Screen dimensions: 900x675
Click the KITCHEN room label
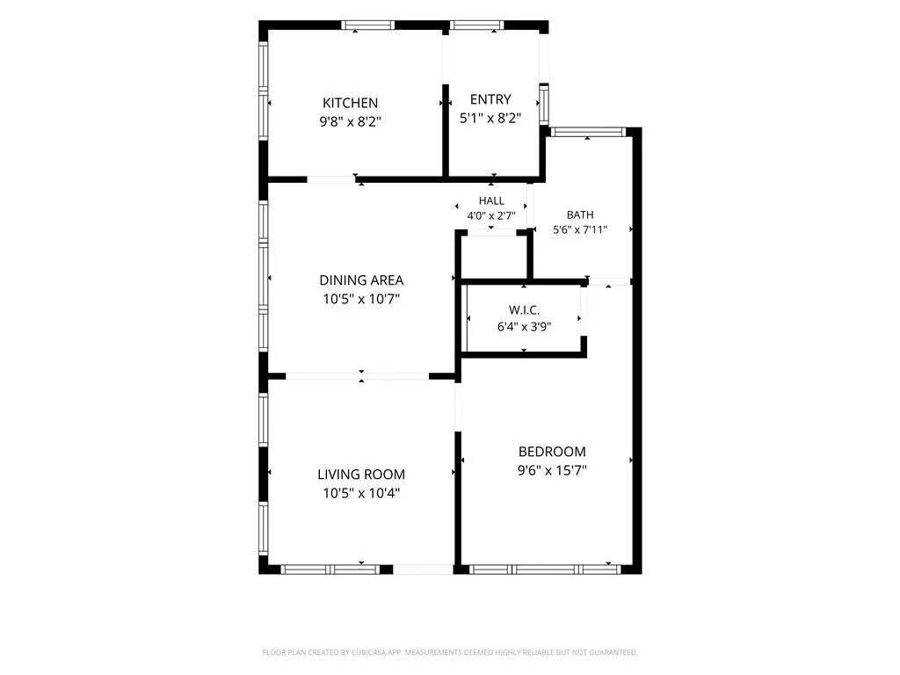click(x=350, y=103)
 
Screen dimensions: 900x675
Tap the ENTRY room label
click(x=490, y=99)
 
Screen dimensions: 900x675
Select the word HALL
click(x=491, y=200)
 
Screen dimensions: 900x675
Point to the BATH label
click(x=580, y=214)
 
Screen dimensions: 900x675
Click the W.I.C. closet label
click(x=524, y=310)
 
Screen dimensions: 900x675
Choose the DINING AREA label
click(x=361, y=280)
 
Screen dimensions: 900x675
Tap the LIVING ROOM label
click(x=361, y=474)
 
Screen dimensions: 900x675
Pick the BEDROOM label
click(x=552, y=451)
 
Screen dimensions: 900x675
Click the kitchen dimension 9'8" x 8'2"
click(x=350, y=121)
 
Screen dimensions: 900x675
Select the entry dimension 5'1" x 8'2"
click(x=490, y=119)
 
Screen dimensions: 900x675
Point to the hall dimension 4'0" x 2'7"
click(x=491, y=216)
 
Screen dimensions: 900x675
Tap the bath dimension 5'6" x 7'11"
click(x=580, y=230)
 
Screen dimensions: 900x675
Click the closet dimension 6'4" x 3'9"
click(x=524, y=327)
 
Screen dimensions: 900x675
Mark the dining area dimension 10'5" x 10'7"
click(x=361, y=299)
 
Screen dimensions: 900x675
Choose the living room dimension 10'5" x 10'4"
click(x=361, y=493)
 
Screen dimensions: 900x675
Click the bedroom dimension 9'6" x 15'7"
click(x=552, y=470)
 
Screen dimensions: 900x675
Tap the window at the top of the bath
click(x=588, y=132)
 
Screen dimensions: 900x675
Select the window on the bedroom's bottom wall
click(x=545, y=570)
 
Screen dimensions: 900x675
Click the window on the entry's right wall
click(x=543, y=105)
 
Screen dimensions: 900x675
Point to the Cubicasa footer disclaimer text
click(x=450, y=652)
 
